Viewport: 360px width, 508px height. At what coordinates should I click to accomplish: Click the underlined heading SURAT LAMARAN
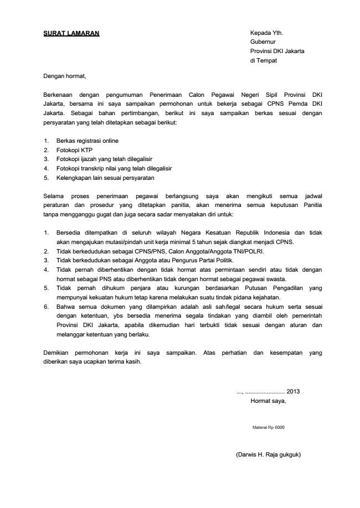(71, 33)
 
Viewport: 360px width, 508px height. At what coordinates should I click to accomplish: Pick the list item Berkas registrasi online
(87, 141)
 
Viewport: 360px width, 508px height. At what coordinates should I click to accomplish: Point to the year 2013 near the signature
(294, 392)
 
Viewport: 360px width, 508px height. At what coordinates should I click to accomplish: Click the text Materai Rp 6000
(269, 428)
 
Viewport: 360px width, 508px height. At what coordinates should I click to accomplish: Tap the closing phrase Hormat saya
(269, 401)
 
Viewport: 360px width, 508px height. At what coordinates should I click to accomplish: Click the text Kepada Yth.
(266, 33)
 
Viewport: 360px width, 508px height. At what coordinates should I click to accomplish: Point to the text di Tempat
(264, 61)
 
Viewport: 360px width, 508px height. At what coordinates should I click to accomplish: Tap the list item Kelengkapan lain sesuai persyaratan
(105, 178)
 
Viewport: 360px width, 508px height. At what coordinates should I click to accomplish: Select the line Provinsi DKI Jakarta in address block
(277, 51)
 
